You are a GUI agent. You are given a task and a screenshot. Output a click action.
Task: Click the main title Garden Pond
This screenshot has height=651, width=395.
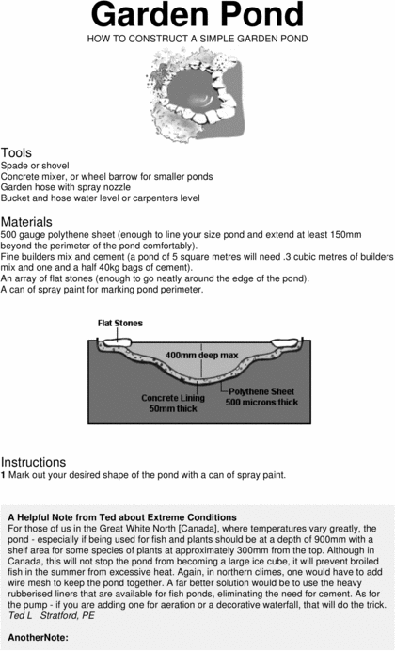tap(197, 16)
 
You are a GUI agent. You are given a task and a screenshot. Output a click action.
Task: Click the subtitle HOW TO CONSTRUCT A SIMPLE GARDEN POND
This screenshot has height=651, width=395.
tap(197, 39)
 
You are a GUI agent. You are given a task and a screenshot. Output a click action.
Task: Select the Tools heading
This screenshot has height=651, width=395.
tap(17, 152)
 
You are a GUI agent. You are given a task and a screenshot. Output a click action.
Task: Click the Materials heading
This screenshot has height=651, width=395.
tap(27, 221)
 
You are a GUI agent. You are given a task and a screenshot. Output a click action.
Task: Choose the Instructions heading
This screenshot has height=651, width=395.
tap(34, 462)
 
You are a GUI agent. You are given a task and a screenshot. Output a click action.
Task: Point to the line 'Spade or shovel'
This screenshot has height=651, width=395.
tap(33, 165)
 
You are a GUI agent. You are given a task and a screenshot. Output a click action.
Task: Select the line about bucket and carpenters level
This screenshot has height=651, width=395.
tap(100, 198)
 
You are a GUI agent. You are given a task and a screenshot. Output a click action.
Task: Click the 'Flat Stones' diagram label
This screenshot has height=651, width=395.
tap(120, 324)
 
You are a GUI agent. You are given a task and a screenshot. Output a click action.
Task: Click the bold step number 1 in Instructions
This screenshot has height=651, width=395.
tap(4, 475)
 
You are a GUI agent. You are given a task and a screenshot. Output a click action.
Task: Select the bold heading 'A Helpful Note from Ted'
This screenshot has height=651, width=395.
tap(122, 517)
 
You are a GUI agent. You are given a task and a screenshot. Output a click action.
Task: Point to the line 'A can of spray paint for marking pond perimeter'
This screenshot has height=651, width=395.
tap(102, 290)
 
